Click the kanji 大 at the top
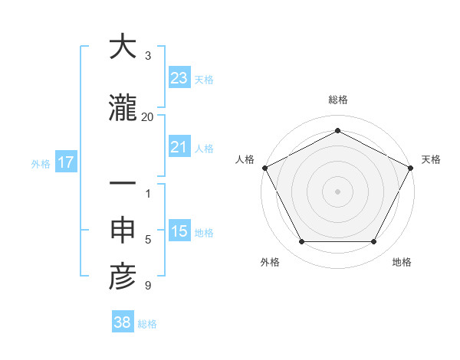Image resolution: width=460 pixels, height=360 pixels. [x=123, y=48]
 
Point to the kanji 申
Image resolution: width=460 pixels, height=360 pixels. [x=123, y=231]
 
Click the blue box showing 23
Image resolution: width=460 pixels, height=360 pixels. [x=179, y=77]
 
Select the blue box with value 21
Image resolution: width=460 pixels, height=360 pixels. [x=179, y=147]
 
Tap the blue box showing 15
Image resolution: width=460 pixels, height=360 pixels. [x=179, y=231]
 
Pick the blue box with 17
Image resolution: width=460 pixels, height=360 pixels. [x=65, y=162]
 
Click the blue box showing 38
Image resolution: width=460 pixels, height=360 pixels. [x=123, y=322]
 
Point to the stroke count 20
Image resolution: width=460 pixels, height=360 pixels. [x=147, y=116]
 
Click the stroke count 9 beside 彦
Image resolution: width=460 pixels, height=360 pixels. [x=148, y=286]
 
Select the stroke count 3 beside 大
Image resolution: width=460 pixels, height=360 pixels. [x=148, y=56]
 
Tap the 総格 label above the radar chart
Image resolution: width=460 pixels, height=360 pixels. [x=337, y=100]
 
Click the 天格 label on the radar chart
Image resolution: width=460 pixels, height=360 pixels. [x=432, y=159]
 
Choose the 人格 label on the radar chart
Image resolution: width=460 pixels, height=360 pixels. [x=245, y=159]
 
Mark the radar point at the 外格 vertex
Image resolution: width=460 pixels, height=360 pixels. [x=301, y=242]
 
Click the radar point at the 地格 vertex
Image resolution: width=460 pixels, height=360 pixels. [x=374, y=242]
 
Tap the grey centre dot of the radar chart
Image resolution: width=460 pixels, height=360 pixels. [x=337, y=191]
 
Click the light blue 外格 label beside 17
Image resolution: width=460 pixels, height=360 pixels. [x=41, y=163]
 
